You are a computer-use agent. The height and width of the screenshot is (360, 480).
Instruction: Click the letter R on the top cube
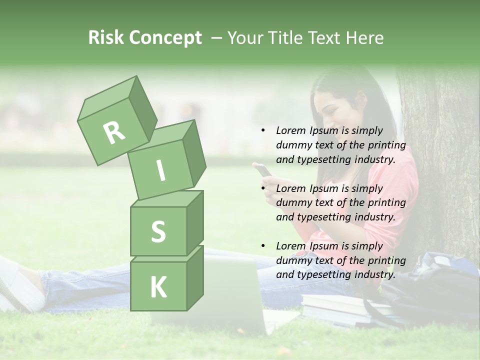pyautogui.click(x=114, y=133)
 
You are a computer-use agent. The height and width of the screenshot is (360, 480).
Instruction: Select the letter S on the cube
pyautogui.click(x=158, y=231)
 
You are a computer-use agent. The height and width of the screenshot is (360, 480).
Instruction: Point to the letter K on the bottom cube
pyautogui.click(x=158, y=287)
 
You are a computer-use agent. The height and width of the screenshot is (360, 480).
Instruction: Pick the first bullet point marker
pyautogui.click(x=263, y=131)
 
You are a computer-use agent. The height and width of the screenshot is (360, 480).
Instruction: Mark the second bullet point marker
pyautogui.click(x=263, y=188)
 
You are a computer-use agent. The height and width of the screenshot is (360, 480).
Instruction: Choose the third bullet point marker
pyautogui.click(x=263, y=246)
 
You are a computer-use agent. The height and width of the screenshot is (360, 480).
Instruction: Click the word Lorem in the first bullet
pyautogui.click(x=290, y=131)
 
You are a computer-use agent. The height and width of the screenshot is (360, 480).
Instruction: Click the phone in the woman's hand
pyautogui.click(x=263, y=170)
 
